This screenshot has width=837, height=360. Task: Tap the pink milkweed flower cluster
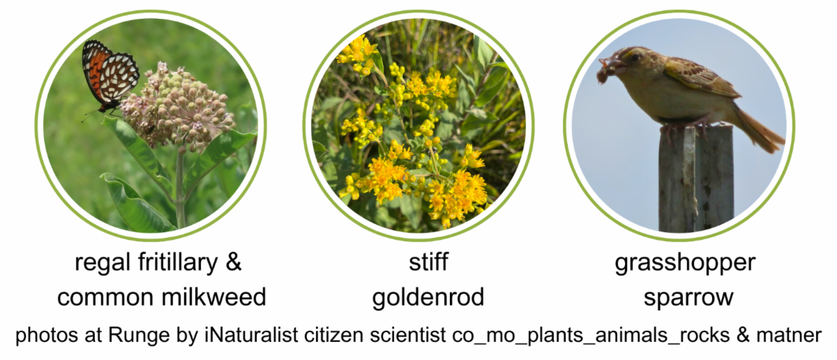pyautogui.click(x=178, y=105)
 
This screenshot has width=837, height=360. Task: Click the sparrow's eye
pyautogui.click(x=635, y=58)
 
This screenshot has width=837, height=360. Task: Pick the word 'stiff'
pyautogui.click(x=428, y=264)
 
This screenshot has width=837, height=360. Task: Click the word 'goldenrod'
pyautogui.click(x=428, y=298)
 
